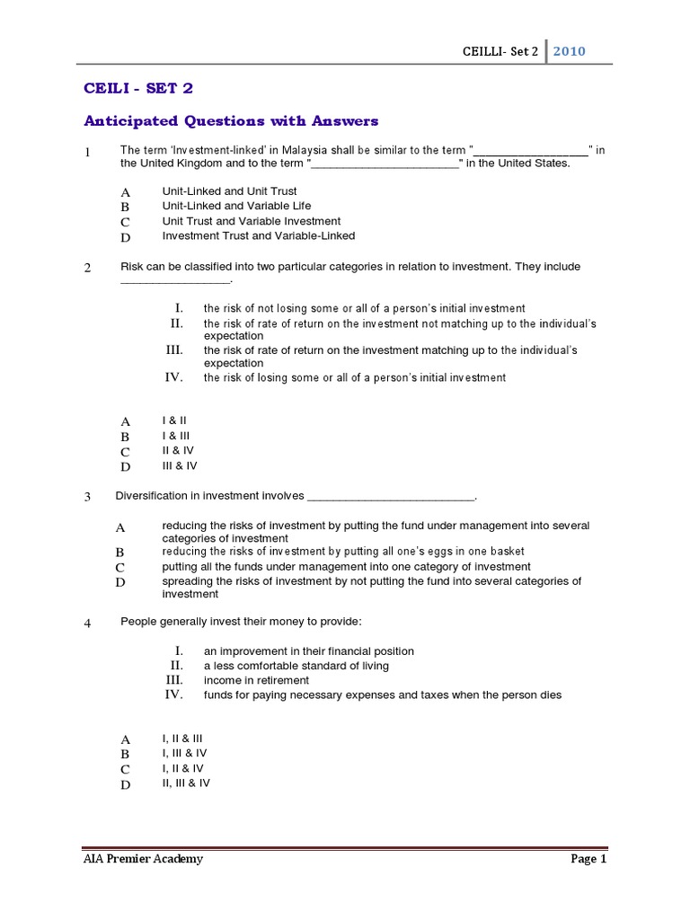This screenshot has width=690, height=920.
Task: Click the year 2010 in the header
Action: (570, 51)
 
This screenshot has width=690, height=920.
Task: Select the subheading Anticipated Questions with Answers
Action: (231, 121)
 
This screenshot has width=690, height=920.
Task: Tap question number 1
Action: (88, 153)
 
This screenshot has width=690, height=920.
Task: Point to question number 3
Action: (88, 497)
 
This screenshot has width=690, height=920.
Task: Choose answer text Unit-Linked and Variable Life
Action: (236, 206)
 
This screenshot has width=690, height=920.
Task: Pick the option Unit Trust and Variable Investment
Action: (251, 221)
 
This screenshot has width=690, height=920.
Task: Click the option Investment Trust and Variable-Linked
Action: (258, 236)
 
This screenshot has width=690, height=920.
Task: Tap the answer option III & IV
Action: (179, 465)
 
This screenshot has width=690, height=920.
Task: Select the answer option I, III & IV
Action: (184, 753)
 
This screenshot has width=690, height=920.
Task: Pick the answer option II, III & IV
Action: (186, 783)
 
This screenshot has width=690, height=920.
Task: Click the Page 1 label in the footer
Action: (588, 859)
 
